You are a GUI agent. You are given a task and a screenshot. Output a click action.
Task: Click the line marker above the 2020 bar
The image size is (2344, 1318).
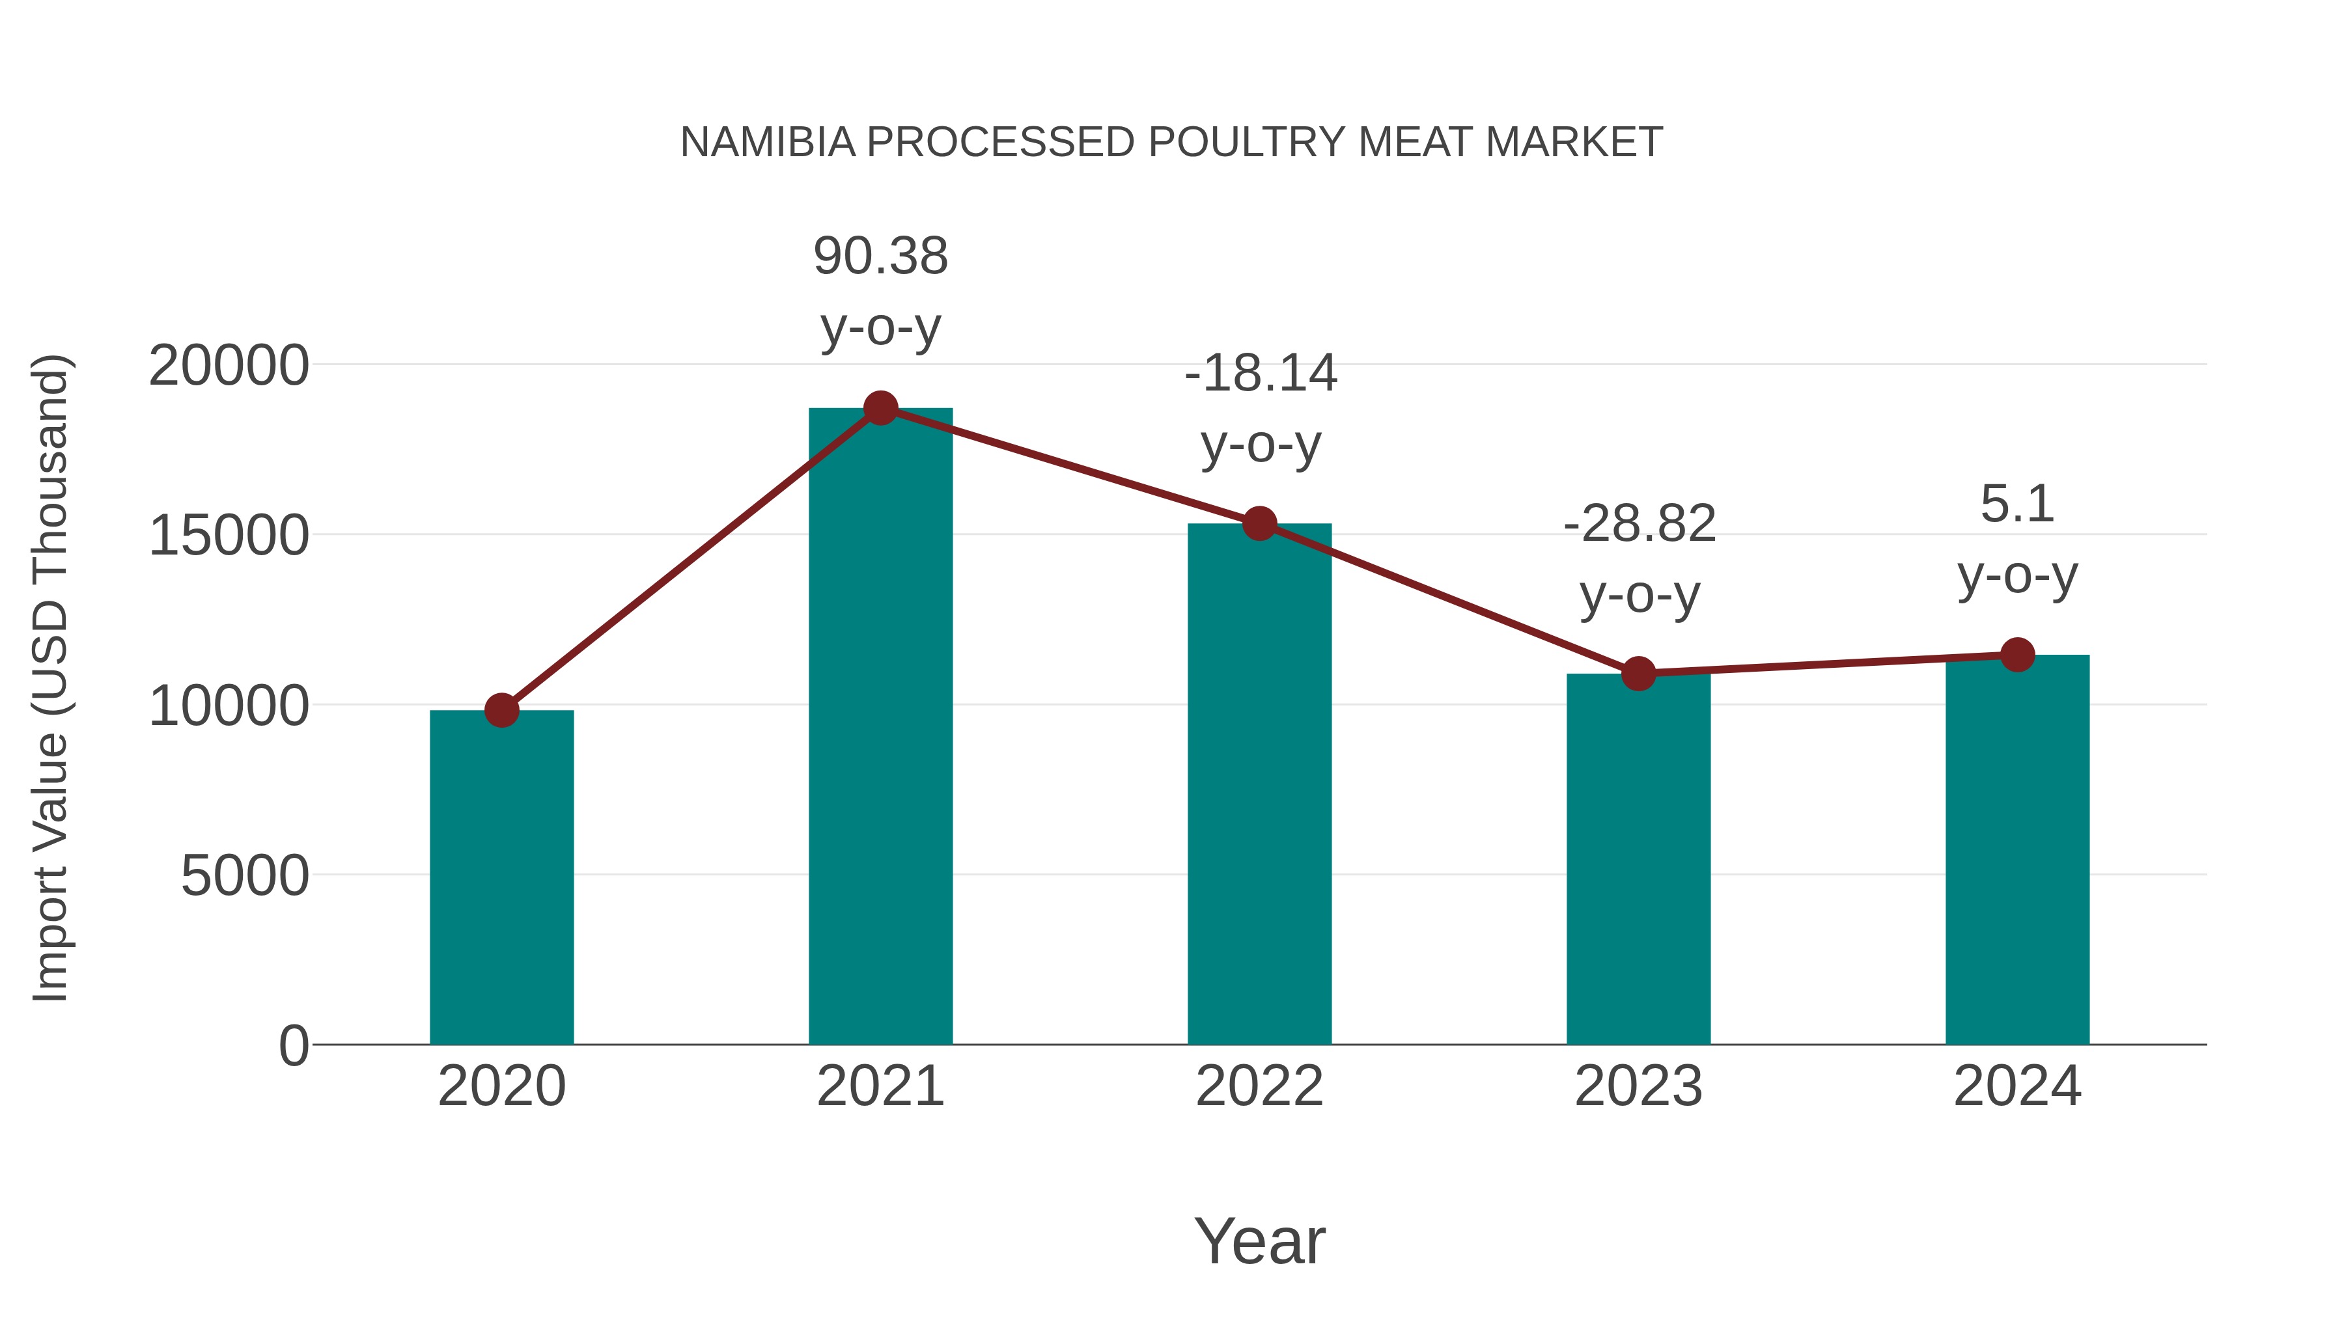[x=501, y=710]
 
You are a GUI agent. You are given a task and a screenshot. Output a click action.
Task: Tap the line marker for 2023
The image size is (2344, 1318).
[x=1638, y=674]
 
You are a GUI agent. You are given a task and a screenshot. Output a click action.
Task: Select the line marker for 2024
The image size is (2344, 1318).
[x=2017, y=655]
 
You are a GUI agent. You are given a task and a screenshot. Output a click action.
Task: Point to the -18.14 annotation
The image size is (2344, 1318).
[x=1261, y=374]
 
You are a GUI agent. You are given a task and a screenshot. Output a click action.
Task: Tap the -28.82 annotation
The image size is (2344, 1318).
[x=1639, y=525]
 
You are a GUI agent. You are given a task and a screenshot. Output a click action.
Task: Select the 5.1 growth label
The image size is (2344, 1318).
[x=2017, y=505]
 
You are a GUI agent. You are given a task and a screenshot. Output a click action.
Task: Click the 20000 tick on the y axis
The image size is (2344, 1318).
[x=229, y=366]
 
